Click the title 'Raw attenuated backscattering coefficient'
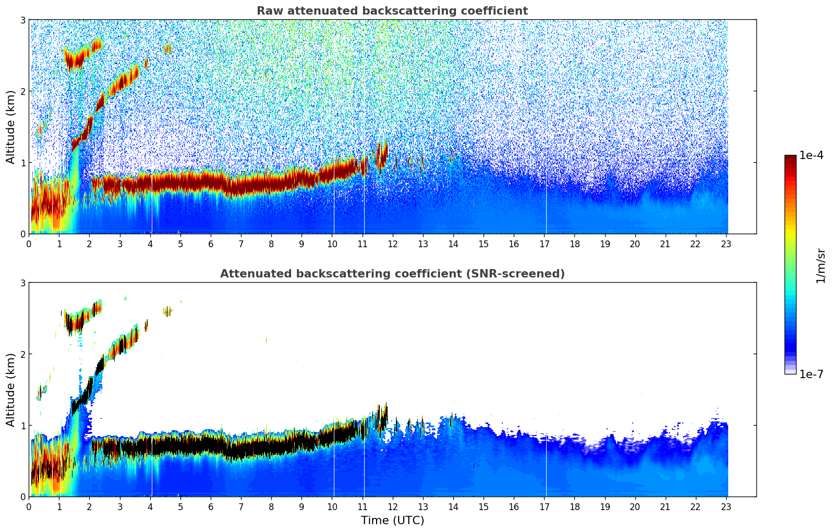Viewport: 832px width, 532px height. tap(392, 11)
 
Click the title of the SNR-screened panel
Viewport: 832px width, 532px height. tap(392, 273)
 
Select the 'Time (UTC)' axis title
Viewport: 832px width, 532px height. tap(392, 520)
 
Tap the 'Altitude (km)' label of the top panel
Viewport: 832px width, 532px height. tap(10, 127)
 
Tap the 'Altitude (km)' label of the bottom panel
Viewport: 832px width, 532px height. tap(10, 390)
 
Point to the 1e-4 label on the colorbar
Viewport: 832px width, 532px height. tap(811, 155)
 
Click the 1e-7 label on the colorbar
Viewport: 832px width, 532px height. tap(811, 374)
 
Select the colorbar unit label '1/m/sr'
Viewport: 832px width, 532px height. tap(821, 267)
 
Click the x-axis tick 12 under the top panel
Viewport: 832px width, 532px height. tap(393, 244)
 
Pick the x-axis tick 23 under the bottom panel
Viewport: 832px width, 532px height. tap(726, 507)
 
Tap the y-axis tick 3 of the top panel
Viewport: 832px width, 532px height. tap(22, 20)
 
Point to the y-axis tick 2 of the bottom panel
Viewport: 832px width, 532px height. tap(22, 354)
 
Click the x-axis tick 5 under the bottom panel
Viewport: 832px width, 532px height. tap(180, 507)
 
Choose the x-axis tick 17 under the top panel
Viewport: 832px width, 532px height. tap(544, 244)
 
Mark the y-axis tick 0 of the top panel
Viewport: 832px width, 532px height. tap(22, 234)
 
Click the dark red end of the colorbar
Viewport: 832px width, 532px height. tap(790, 158)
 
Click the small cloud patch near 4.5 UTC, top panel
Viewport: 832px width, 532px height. tap(167, 49)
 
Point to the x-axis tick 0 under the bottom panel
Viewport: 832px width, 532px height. tap(29, 507)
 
